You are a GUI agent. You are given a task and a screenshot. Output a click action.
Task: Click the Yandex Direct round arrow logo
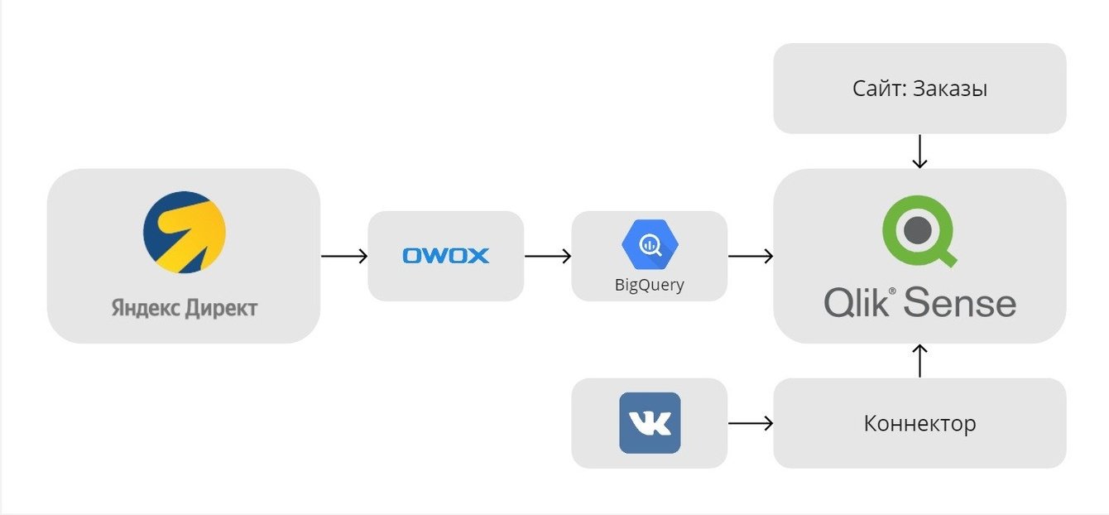point(184,232)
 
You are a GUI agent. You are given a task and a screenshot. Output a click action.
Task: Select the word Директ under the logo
point(218,309)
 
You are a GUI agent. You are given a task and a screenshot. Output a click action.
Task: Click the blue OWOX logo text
point(445,256)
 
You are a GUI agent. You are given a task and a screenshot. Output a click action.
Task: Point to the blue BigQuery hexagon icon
point(650,243)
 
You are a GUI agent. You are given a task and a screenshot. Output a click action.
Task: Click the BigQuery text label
point(650,285)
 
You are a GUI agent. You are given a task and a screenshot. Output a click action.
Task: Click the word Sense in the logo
point(960,303)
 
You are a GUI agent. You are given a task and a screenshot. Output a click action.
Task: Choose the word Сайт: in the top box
point(880,89)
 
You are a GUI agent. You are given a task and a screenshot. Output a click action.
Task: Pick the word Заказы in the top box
point(950,89)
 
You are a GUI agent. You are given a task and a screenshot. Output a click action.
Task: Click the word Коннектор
point(919,424)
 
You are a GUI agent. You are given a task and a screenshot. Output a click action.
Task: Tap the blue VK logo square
point(650,423)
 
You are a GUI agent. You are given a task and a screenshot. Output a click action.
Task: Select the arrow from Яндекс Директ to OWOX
point(343,257)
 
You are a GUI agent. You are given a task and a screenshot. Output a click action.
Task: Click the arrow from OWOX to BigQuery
point(547,257)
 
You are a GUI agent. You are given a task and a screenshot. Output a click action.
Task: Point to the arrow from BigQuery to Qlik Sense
point(750,257)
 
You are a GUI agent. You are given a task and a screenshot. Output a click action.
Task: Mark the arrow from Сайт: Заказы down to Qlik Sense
point(919,152)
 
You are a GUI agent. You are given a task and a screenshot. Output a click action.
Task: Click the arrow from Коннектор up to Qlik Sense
point(919,361)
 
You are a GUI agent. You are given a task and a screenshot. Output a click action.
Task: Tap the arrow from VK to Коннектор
point(750,423)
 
